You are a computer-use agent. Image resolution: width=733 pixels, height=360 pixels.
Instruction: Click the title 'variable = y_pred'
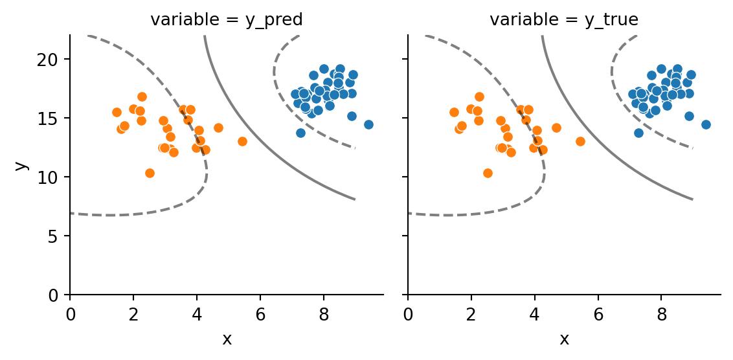(227, 20)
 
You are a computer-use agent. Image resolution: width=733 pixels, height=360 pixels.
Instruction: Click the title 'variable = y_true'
(564, 20)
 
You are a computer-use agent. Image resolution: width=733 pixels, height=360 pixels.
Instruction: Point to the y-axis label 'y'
(21, 165)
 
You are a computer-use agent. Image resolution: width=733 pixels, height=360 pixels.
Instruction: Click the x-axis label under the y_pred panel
(227, 339)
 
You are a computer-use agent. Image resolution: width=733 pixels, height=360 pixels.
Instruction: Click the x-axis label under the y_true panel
(564, 339)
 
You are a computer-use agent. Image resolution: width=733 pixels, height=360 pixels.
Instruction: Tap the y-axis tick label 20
(53, 60)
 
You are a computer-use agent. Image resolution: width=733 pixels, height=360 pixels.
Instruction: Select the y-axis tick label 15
(53, 118)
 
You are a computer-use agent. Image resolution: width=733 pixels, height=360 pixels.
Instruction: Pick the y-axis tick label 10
(53, 177)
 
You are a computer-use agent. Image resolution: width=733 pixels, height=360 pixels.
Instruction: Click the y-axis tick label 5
(57, 236)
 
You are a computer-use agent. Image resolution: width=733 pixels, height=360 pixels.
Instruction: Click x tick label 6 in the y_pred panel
(260, 314)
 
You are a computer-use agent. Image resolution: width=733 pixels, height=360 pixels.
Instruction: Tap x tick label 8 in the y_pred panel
(324, 314)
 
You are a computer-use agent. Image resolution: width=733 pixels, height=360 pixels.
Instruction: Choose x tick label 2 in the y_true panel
(471, 314)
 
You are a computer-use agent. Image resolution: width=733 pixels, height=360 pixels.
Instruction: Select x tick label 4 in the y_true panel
(535, 314)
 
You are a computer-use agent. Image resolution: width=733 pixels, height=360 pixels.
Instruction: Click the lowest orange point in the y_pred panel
(150, 173)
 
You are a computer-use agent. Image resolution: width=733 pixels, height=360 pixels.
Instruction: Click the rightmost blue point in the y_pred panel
(368, 124)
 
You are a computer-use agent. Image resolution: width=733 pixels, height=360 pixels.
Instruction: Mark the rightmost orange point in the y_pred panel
(242, 141)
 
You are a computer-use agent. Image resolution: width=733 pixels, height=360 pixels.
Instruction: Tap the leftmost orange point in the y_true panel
(454, 112)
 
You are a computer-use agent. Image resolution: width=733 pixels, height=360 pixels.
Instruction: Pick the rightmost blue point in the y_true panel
(706, 124)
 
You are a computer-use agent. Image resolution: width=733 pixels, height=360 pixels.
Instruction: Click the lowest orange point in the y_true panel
(488, 173)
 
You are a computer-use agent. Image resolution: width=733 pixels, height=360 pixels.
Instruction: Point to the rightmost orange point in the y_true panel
(580, 141)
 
